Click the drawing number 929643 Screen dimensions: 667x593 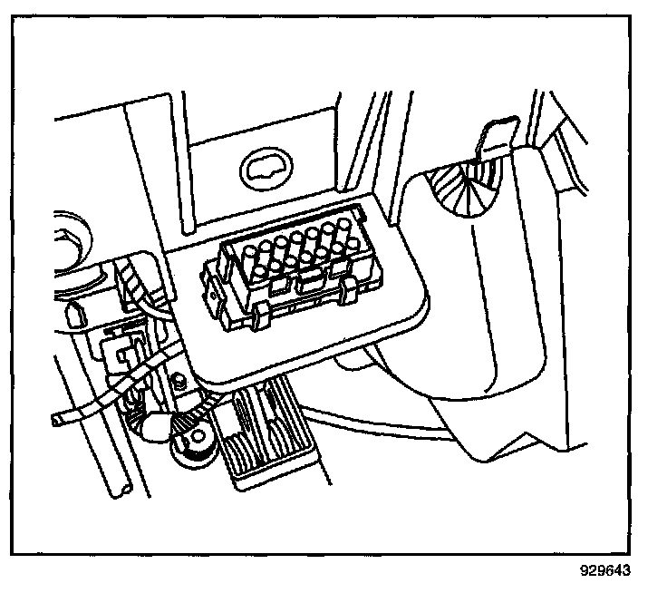point(605,571)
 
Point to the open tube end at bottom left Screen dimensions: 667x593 point(120,489)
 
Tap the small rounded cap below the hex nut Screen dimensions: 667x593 point(74,315)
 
